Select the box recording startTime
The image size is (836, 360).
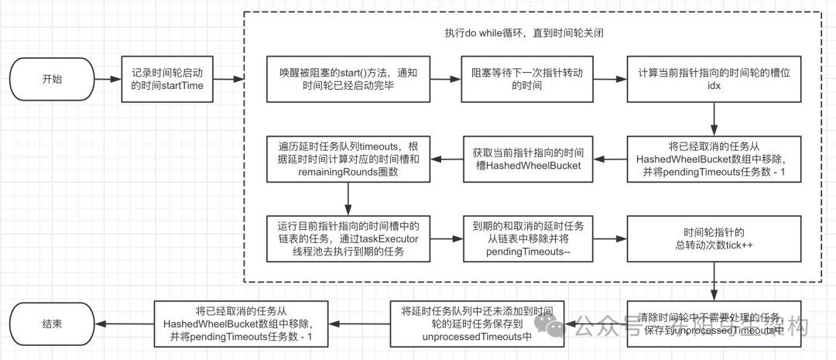168,79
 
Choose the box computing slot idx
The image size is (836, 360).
713,79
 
